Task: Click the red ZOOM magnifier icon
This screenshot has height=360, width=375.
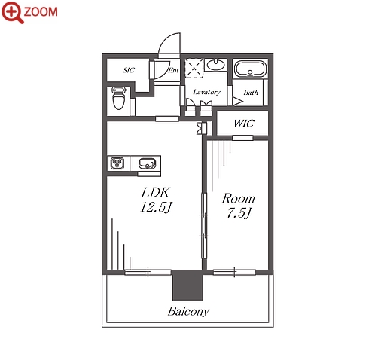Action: coord(13,12)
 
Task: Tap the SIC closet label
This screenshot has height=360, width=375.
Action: coord(129,70)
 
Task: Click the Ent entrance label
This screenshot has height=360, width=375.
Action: coord(173,70)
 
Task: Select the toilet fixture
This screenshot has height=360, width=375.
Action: coord(118,98)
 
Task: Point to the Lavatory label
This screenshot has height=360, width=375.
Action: coord(206,92)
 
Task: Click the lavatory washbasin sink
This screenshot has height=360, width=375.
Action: coord(215,65)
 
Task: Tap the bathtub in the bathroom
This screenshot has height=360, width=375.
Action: coord(250,69)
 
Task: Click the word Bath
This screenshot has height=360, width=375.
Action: coord(251,93)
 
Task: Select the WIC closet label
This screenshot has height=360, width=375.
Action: coord(244,124)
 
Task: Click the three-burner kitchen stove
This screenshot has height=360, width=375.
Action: coord(117,163)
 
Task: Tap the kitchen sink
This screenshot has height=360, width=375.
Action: coord(147,163)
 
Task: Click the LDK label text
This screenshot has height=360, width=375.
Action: coord(156,193)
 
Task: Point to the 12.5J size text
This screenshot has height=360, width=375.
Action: coord(156,207)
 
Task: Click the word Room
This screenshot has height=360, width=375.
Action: coord(238,199)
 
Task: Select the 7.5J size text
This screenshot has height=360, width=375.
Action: coord(239,213)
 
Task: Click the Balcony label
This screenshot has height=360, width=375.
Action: coord(188,312)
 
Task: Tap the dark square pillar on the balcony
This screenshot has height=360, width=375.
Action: coord(187,285)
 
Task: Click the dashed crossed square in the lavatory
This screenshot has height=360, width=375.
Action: coord(194,69)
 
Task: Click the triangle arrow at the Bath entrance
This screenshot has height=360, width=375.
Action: coord(237,101)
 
